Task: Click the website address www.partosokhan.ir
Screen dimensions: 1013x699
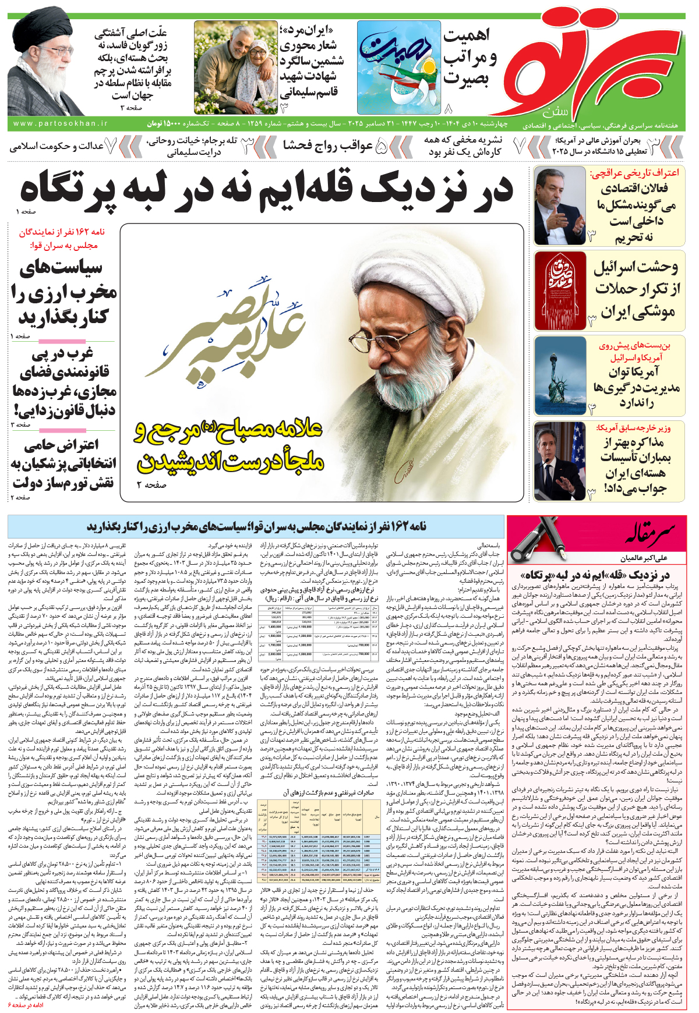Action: point(60,123)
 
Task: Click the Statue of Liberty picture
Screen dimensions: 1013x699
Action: point(560,375)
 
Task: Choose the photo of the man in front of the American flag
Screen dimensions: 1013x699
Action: point(560,461)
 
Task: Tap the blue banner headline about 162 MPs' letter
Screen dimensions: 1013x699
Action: point(256,526)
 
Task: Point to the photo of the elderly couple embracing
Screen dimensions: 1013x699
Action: point(235,67)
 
